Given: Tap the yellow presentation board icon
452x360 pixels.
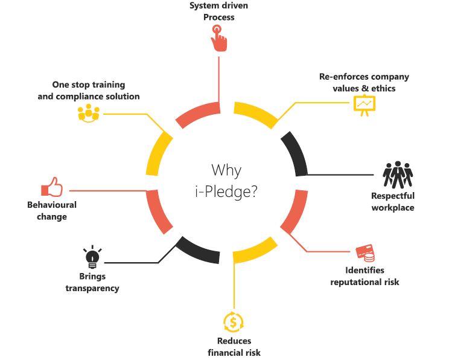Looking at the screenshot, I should tap(363, 105).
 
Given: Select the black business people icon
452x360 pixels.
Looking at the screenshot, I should tap(398, 175).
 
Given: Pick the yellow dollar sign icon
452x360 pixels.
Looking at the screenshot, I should tap(234, 321).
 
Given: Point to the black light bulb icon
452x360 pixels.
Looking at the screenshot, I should tap(92, 257).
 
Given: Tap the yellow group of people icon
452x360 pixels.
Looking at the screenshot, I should tap(88, 113).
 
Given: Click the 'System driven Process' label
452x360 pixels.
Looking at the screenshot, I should tap(218, 11).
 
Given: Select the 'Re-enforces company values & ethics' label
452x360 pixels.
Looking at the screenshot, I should tap(364, 83).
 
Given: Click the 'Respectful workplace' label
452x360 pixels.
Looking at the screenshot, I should tap(392, 202).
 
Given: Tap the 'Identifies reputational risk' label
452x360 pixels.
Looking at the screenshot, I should tap(364, 275).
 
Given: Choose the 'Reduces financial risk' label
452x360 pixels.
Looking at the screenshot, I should tap(234, 347).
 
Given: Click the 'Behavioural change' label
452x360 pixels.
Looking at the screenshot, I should tap(52, 211).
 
